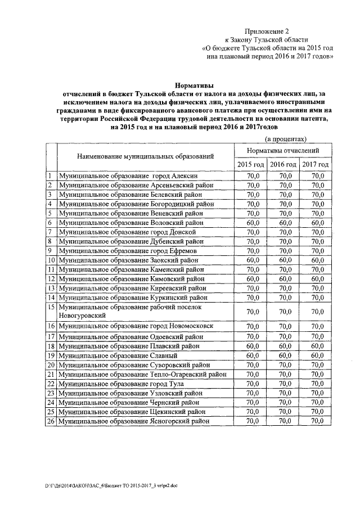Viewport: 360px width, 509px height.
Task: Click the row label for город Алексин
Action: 129,176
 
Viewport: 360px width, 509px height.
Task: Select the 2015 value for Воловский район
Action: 250,223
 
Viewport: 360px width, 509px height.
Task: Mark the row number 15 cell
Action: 51,307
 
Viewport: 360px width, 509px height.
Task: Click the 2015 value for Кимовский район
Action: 250,279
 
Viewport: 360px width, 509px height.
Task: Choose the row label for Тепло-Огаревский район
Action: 143,374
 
